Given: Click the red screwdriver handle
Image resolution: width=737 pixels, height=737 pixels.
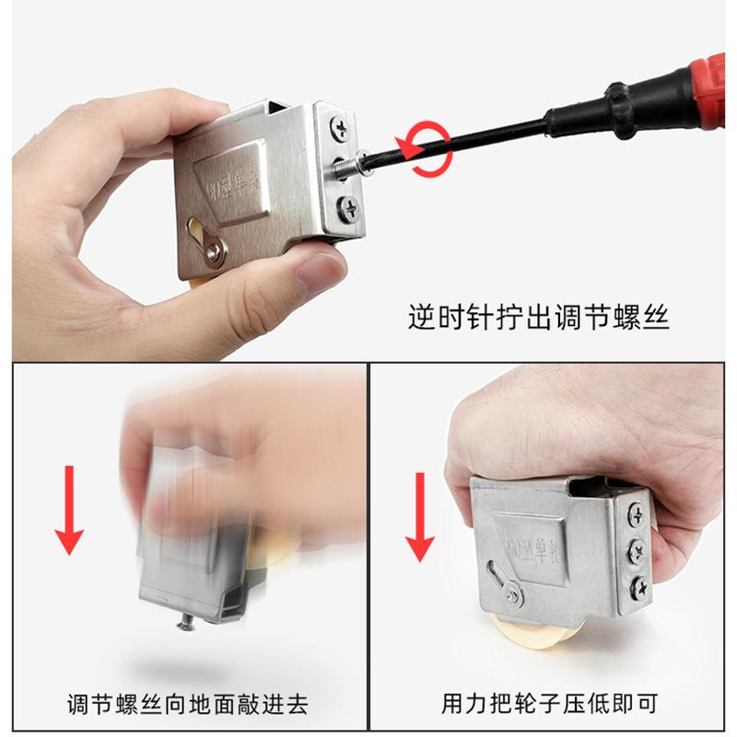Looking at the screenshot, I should point(700,88).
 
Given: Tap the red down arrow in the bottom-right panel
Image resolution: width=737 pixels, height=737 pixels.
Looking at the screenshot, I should point(420,516).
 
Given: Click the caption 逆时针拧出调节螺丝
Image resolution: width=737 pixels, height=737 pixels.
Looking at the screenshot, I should point(539,318).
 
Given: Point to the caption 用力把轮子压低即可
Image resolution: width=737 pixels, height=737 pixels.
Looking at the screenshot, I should point(550,706).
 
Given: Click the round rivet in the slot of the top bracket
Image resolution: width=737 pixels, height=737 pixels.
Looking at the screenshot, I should point(216,247).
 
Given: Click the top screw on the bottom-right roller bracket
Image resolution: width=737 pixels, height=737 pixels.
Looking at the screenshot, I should point(637,516).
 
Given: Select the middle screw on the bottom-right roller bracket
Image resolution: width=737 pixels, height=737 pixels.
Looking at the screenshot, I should point(638,552).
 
